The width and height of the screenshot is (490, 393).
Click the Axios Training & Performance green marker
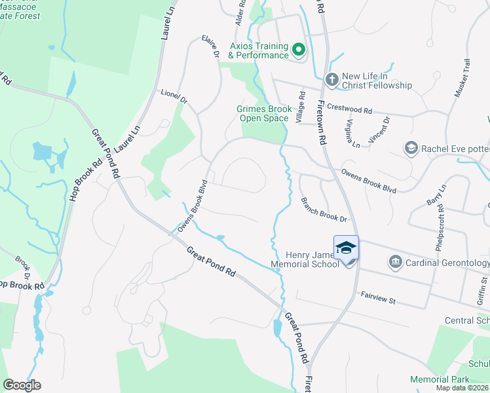[x=299, y=50]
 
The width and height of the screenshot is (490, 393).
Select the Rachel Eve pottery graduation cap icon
[x=411, y=148]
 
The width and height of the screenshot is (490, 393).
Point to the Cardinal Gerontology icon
[x=395, y=263]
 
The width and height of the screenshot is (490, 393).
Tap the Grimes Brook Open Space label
[x=263, y=113]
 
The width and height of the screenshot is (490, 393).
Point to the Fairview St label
[x=379, y=299]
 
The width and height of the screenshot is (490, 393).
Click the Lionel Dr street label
[x=174, y=98]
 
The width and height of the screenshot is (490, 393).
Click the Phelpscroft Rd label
[x=439, y=227]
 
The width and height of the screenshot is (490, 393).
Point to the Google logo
[x=22, y=385]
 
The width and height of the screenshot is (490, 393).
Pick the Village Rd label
[x=301, y=107]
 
